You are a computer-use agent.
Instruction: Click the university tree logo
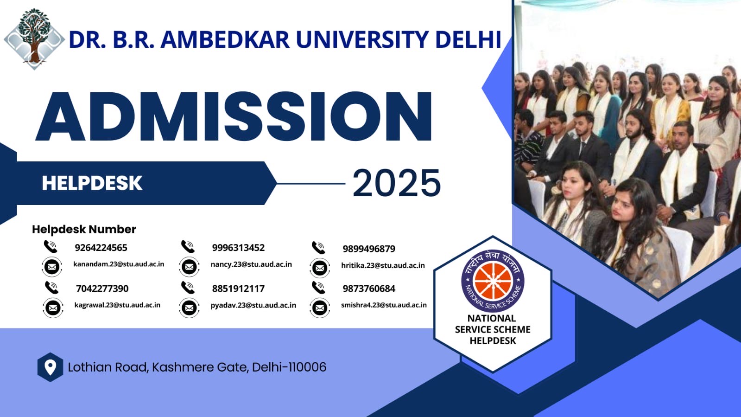point(34,39)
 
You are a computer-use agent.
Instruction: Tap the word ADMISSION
point(234,116)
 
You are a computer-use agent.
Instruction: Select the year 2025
point(397,183)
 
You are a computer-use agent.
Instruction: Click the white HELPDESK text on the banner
point(92,183)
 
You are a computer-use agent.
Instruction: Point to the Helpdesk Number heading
point(84,229)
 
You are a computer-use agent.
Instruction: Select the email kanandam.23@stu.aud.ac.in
point(119,264)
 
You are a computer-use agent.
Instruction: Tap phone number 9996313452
point(238,248)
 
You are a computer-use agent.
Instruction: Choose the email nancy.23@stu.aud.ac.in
point(251,264)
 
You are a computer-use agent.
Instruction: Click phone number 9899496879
point(369,249)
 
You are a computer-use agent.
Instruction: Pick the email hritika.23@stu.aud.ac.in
point(383,265)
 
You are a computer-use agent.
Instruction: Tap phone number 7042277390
point(102,289)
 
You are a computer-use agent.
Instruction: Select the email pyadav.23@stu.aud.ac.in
point(253,305)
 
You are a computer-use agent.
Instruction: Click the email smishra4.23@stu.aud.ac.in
point(384,305)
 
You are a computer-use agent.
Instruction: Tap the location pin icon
point(51,367)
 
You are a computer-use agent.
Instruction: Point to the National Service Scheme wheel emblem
point(493,281)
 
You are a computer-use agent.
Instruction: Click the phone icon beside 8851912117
point(188,288)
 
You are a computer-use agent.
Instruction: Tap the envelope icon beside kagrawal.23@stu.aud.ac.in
point(53,308)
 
